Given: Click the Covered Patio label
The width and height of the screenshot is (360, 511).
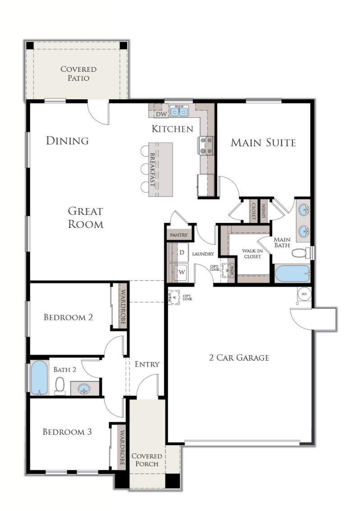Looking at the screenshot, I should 78,74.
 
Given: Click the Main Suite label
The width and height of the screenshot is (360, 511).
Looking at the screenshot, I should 263,143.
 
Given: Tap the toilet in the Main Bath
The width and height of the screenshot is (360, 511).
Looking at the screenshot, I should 300,253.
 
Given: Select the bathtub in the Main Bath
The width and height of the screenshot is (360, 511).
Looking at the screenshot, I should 292,273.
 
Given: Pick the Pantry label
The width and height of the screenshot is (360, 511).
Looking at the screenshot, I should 179,235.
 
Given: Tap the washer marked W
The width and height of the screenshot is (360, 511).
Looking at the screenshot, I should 182,272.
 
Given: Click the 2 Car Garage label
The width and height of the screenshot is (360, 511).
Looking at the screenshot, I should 239,358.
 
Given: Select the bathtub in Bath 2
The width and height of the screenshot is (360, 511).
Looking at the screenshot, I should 39,377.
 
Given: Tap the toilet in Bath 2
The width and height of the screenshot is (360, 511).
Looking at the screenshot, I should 60,385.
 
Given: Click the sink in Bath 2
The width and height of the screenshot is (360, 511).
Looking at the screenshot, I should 83,388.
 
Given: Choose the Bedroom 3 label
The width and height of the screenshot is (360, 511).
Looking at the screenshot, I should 67,432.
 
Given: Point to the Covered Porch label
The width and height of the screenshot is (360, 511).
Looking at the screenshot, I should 146,460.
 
